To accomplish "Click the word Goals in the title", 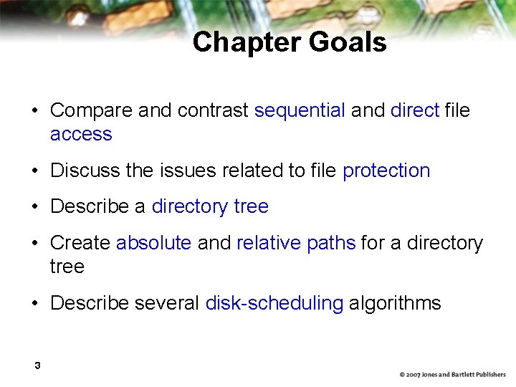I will [x=348, y=42].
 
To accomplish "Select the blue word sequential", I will [x=300, y=110].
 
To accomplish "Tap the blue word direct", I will [x=415, y=110].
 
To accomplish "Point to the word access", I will [x=81, y=134].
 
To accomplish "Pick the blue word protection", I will [x=386, y=171].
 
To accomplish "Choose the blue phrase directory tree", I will [x=210, y=206].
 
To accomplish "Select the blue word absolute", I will [x=153, y=243].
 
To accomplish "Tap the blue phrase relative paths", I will [x=296, y=243].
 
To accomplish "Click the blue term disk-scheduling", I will [x=274, y=303].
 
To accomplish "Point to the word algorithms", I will [x=395, y=303].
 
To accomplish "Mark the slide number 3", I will [x=37, y=366].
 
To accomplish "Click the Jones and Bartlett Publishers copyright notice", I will [x=452, y=375].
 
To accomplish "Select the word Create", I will [x=80, y=243].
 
